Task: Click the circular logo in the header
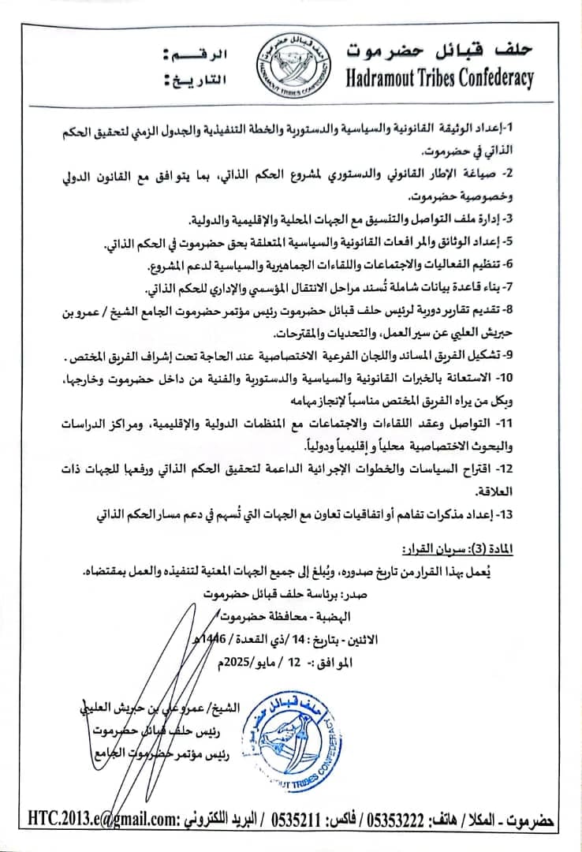click(x=291, y=67)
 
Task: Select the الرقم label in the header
click(x=196, y=55)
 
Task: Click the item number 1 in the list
click(x=510, y=127)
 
